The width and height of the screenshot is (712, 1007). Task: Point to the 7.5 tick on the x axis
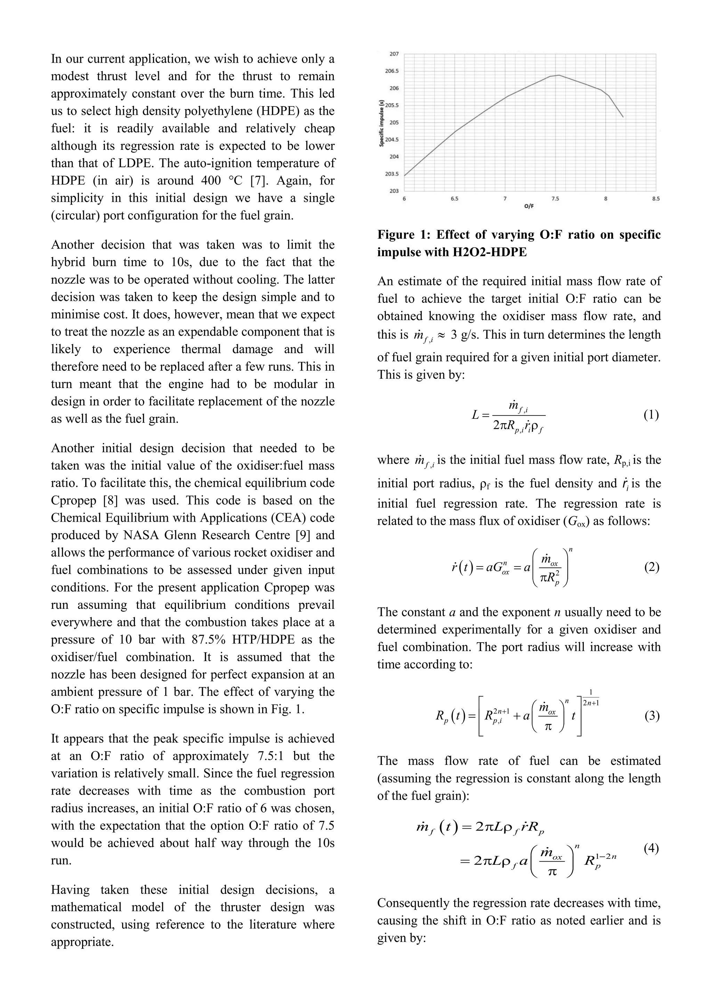pyautogui.click(x=555, y=199)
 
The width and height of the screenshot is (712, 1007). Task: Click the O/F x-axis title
pyautogui.click(x=529, y=206)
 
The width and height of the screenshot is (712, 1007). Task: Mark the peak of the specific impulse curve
pyautogui.click(x=559, y=75)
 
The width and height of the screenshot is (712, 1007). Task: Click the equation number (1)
pyautogui.click(x=651, y=414)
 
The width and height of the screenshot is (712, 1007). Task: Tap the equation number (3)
pyautogui.click(x=652, y=716)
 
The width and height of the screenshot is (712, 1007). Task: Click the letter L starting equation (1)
pyautogui.click(x=475, y=414)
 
